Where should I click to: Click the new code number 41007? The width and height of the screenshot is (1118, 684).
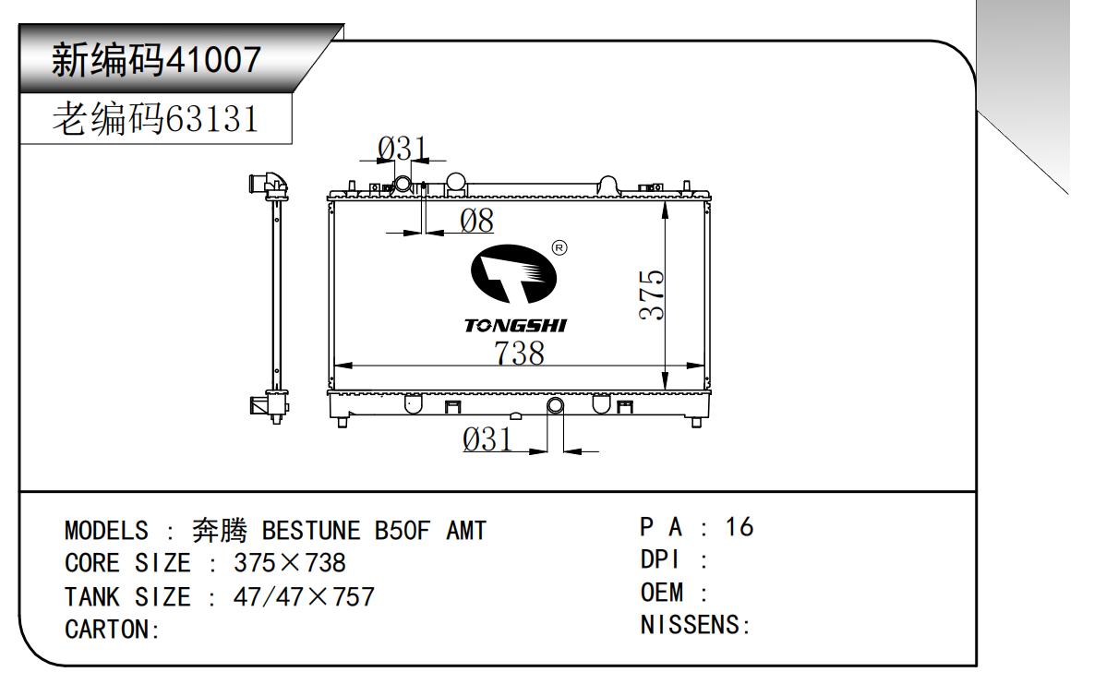coord(212,59)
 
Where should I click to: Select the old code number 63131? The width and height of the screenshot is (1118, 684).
coord(211,119)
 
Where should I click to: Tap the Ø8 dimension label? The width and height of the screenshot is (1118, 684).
coord(476,221)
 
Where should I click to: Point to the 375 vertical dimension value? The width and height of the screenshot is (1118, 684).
coord(652,294)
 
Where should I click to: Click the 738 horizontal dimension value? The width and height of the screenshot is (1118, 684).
coord(519,353)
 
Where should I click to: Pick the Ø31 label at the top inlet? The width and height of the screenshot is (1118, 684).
coord(403,148)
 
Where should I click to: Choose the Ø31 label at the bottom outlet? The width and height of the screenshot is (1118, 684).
coord(487,439)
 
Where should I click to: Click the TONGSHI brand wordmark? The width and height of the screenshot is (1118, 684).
coord(515,326)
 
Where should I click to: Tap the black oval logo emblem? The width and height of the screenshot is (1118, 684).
coord(513,273)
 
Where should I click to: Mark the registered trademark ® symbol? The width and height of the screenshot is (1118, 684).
coord(559,247)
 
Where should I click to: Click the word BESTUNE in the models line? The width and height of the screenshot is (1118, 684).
coord(311,530)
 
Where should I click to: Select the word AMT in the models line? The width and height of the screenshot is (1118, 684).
coord(466,530)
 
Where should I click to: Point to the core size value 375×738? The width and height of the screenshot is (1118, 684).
coord(290,563)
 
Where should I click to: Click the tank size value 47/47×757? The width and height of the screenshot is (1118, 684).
coord(304,596)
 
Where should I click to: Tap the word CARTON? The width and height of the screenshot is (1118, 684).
coord(106,630)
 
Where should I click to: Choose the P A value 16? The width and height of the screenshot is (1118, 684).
coord(739,527)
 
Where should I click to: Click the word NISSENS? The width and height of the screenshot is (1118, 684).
coord(690,625)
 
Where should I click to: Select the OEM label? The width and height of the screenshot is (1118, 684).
coord(662,593)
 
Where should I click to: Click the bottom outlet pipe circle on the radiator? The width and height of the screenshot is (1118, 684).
coord(555,405)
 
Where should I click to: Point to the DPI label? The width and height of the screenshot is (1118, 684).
coord(660,559)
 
